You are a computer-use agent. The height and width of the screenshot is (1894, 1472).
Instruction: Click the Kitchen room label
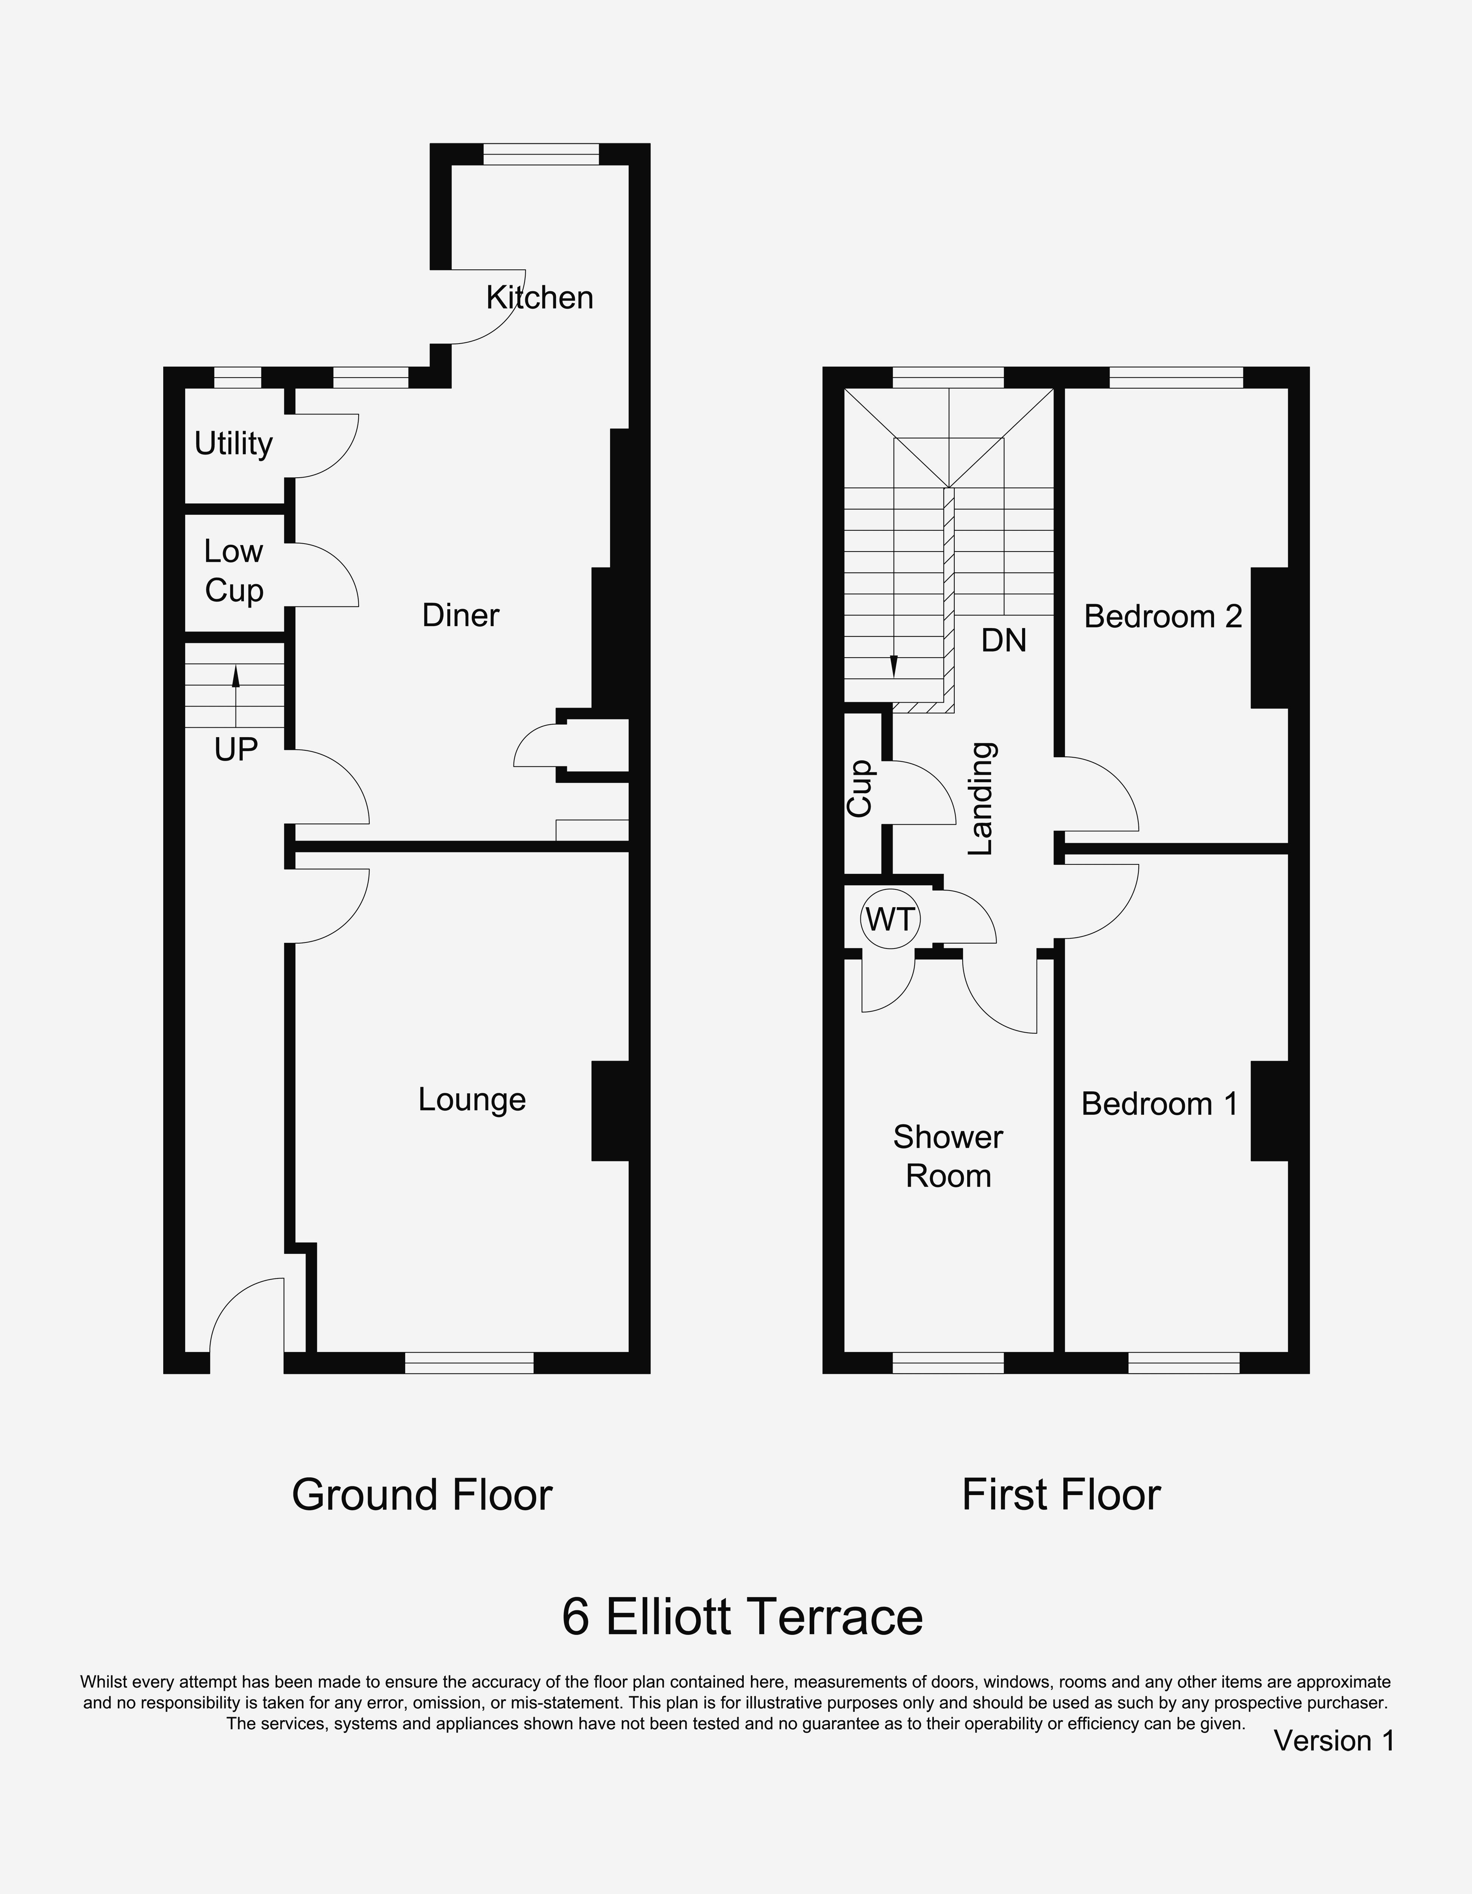539,297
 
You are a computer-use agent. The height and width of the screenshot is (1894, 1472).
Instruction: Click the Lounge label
471,1100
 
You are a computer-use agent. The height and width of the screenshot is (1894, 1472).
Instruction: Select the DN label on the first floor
1004,640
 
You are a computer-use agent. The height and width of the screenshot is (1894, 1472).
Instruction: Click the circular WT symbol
890,919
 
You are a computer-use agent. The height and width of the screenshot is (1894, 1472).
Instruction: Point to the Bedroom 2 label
1163,617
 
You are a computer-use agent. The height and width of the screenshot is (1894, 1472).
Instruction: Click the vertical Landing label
980,799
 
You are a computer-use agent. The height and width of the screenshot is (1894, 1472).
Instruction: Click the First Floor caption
1061,1494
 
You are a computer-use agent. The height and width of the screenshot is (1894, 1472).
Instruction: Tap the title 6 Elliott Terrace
742,1616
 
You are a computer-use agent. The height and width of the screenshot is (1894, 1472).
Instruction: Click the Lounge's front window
469,1363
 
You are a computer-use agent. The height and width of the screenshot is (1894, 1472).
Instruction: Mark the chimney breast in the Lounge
610,1111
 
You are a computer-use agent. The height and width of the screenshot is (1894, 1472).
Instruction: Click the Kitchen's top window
541,153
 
